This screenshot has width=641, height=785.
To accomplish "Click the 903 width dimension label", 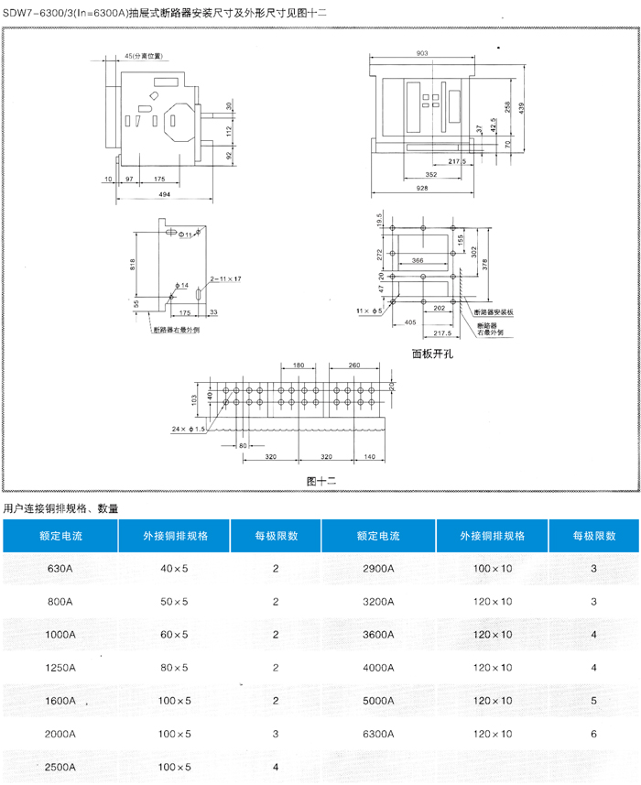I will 422,53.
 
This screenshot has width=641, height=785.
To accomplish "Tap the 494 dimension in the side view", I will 165,195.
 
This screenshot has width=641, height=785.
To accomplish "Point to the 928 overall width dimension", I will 422,188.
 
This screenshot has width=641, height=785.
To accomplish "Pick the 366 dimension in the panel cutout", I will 418,261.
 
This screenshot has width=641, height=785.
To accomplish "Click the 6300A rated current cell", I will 377,734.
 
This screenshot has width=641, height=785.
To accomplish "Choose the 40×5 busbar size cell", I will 174,569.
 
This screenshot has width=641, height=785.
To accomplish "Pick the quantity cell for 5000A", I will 594,701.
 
